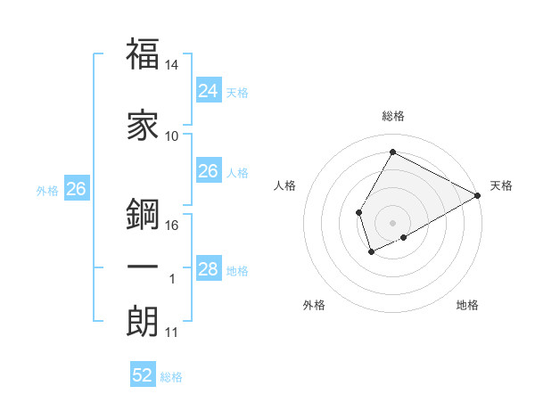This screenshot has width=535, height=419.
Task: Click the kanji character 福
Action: pos(143,55)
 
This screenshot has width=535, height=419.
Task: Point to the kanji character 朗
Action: pos(143,322)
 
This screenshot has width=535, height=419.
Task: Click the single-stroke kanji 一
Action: pos(143,267)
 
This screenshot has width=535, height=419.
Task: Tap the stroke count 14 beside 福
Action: pos(172,65)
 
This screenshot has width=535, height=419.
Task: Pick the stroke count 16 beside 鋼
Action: pos(172,226)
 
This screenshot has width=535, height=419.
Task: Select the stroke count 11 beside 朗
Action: pos(172,333)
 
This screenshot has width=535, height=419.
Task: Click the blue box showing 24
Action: pos(209,90)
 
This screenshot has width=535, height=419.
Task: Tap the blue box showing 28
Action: pos(209,269)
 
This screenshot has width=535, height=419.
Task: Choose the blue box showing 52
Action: pos(143,375)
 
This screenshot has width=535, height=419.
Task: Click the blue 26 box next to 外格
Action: pos(77,189)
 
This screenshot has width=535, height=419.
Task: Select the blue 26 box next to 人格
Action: pos(209,171)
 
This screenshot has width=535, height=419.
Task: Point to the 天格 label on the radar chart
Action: pos(501,185)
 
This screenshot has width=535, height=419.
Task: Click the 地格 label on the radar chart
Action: pos(467,306)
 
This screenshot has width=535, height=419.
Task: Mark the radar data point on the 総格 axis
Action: pos(392,152)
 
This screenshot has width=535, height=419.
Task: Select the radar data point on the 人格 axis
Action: pos(358,212)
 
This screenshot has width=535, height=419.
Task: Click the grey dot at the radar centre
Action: pos(392,222)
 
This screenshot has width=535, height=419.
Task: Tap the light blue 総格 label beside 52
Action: pos(171,377)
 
